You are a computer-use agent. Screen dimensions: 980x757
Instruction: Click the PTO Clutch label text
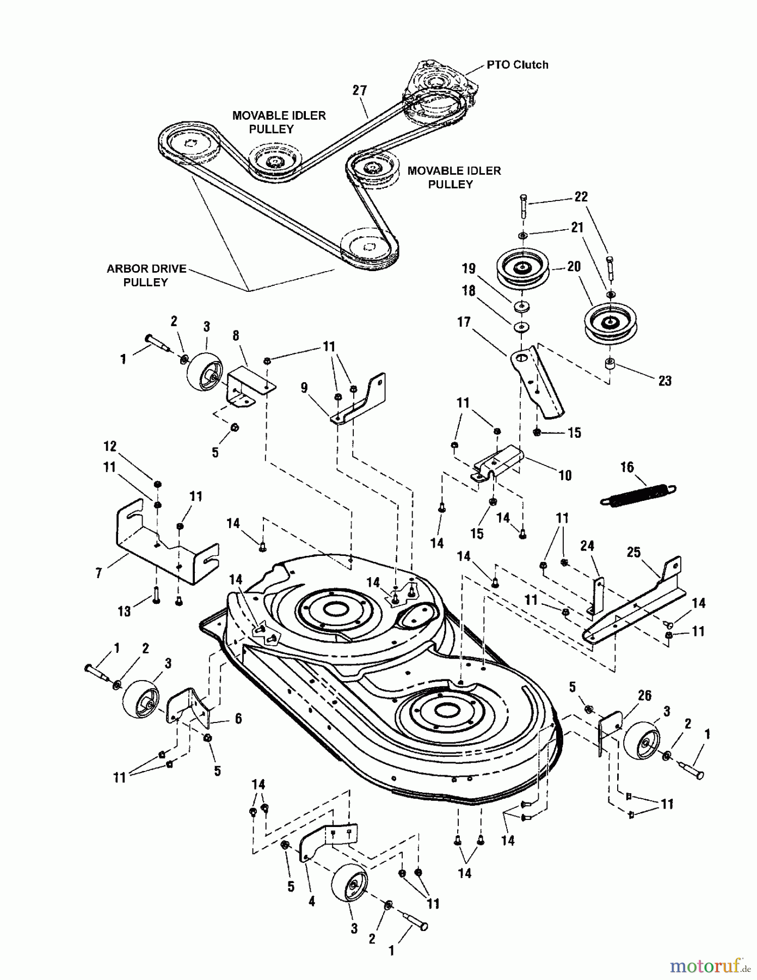517,65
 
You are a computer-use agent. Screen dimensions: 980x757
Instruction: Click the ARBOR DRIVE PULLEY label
146,275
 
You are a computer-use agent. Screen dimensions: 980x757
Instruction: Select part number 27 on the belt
360,90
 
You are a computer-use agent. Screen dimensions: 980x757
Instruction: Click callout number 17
464,322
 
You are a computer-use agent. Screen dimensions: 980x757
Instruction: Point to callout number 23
665,381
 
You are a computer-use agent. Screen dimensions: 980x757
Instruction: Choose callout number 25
633,553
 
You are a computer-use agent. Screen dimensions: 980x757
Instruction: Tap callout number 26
644,695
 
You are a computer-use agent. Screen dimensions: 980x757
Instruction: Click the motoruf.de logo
707,965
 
